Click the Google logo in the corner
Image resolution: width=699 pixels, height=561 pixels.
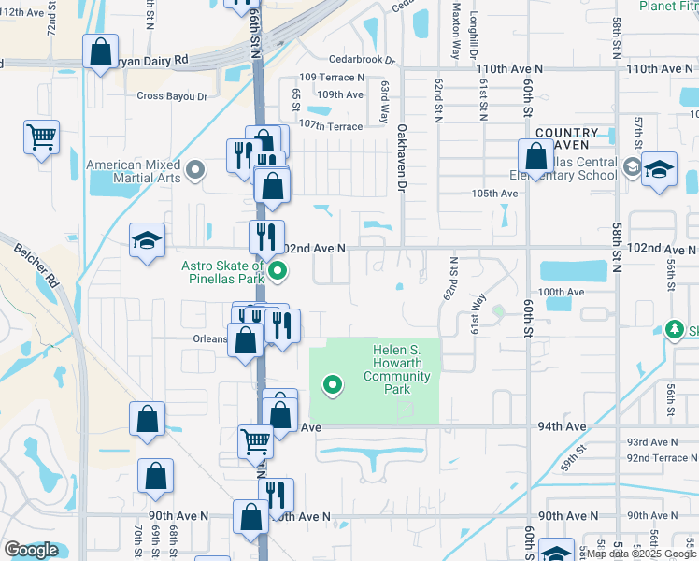(x=31, y=550)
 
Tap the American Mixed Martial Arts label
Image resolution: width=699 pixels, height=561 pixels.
(x=134, y=171)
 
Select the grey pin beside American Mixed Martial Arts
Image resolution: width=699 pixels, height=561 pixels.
(x=195, y=170)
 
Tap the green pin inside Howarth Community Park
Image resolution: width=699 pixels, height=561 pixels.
(x=332, y=384)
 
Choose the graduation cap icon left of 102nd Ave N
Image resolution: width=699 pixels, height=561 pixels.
(x=147, y=241)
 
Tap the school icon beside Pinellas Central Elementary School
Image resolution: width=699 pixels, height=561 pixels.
(x=659, y=169)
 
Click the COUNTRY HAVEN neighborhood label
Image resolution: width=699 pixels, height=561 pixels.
(x=567, y=138)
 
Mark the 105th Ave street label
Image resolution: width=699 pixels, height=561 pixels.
(x=494, y=194)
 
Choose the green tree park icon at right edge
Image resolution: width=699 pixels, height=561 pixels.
(x=674, y=329)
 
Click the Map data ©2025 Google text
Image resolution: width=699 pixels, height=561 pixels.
(x=641, y=554)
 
